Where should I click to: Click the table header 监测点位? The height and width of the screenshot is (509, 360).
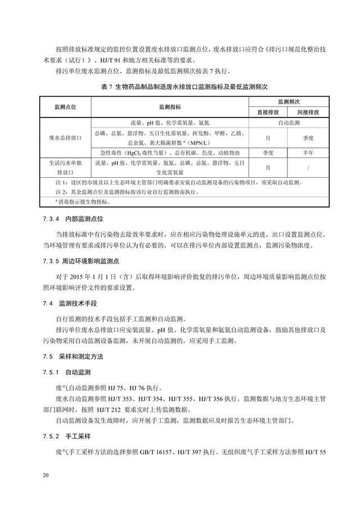[65, 106]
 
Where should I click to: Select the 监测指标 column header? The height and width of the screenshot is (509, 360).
[170, 106]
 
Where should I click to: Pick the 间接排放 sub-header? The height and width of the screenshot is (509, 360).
[309, 112]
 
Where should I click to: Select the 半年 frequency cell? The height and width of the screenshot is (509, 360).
[309, 152]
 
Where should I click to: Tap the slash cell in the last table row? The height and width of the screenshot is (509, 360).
[309, 168]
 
